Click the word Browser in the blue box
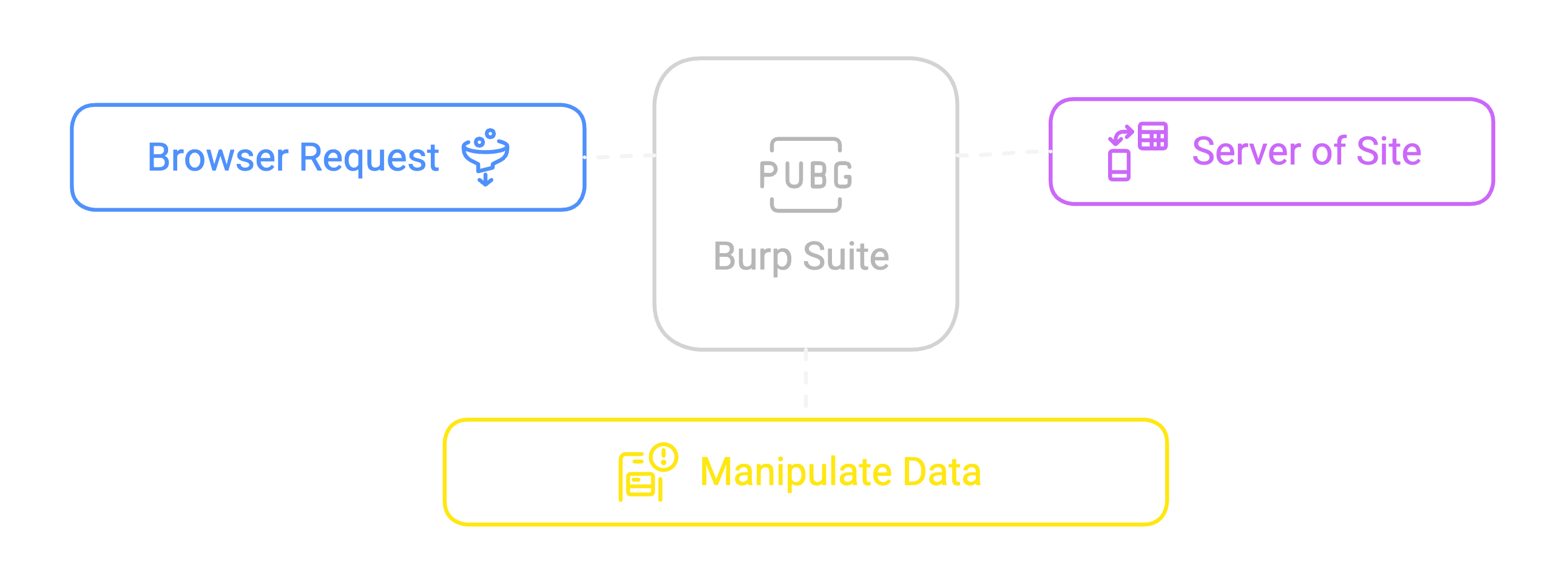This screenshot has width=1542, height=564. coord(217,158)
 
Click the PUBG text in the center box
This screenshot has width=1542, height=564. coord(805,175)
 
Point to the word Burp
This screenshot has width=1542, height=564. coord(752,257)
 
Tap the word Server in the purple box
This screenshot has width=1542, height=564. coord(1246,152)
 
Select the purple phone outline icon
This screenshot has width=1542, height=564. coord(1119,165)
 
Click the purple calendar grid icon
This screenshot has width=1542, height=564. coord(1152,136)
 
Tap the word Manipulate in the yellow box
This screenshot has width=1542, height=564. coord(796,472)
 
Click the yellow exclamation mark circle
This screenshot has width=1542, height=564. coord(663,457)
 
